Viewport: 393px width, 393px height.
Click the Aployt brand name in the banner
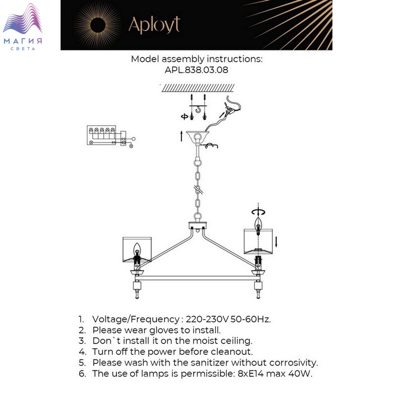click(154, 25)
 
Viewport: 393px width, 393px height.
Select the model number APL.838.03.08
click(196, 70)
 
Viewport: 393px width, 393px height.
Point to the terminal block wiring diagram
click(109, 136)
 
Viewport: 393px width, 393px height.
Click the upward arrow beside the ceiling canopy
click(181, 135)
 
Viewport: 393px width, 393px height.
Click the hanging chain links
click(198, 185)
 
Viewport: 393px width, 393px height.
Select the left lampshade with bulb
click(137, 250)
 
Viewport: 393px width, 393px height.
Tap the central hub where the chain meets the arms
click(198, 227)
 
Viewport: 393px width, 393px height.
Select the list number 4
click(82, 352)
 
